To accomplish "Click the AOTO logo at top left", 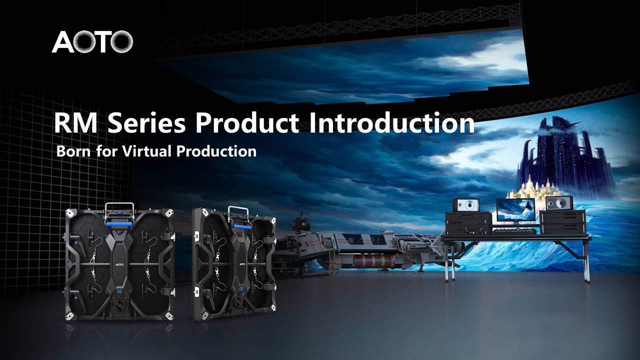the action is tap(92, 41).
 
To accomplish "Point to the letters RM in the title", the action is tap(75, 123).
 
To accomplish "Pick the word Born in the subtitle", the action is tap(73, 151).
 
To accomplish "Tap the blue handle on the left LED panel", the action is tap(120, 223).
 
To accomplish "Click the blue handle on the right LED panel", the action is tap(242, 227).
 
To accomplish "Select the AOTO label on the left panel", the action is tap(119, 264).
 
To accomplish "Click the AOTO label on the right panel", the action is tap(241, 264).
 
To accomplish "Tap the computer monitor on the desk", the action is tap(515, 210).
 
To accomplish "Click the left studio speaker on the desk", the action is tap(467, 205).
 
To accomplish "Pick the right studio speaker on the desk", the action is tap(559, 203).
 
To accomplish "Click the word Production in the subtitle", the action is tap(216, 151).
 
